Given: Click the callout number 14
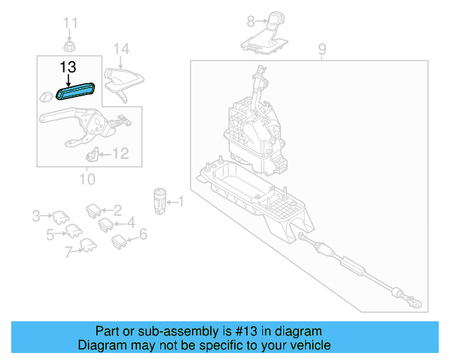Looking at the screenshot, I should point(122,49).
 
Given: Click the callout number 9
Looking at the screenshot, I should point(322,49).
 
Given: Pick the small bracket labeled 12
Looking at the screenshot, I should point(91,154).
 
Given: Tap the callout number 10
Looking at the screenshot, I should point(86,179).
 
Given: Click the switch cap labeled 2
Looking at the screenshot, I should point(94,210).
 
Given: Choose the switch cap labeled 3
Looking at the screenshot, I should point(60,216).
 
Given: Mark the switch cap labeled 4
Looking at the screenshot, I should point(105,225).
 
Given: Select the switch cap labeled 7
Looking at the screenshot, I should point(88,245).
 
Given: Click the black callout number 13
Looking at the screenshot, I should point(68,68).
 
